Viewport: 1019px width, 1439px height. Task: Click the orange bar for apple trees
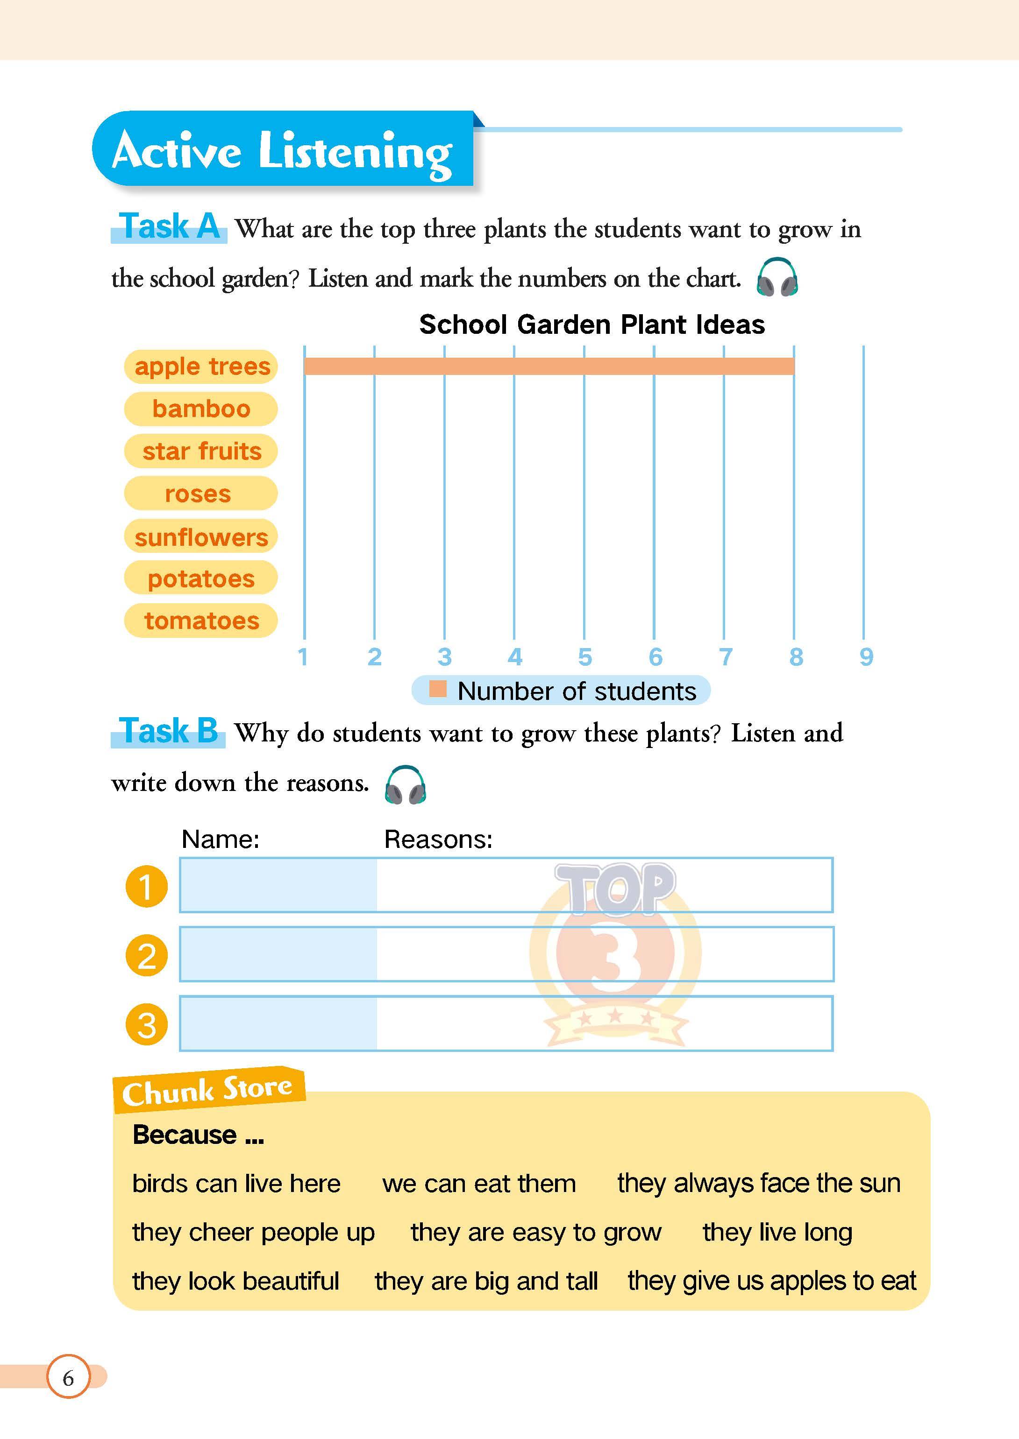pos(549,366)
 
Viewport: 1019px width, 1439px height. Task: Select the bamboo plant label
pos(201,409)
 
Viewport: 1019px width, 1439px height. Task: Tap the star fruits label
pos(201,451)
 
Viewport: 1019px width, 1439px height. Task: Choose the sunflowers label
pos(201,537)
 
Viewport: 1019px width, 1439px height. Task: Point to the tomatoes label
pos(201,621)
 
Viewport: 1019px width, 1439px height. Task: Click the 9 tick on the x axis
pos(866,656)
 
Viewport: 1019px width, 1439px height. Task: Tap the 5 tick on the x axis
pos(585,656)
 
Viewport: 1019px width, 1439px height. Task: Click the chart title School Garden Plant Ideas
pos(591,325)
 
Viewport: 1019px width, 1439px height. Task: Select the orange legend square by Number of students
pos(437,689)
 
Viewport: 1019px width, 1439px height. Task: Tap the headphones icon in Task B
pos(406,784)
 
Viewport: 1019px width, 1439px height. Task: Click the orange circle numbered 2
pos(147,956)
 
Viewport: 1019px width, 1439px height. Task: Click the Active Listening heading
pos(282,150)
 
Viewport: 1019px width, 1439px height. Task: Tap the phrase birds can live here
pos(236,1183)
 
